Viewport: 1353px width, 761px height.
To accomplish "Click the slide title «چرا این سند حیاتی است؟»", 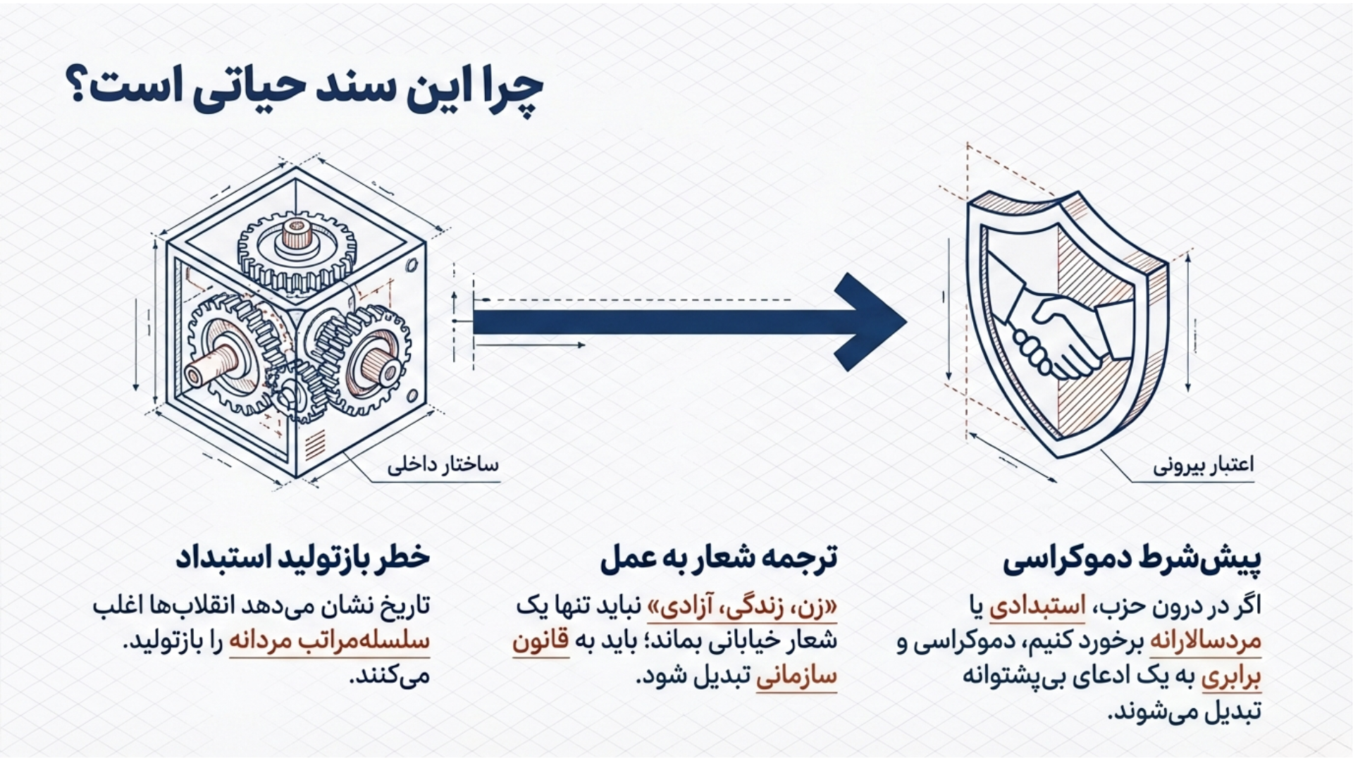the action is (304, 90).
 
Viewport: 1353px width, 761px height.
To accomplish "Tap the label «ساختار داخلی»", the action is (443, 465).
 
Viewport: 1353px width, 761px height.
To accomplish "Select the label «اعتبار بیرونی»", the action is (1204, 465).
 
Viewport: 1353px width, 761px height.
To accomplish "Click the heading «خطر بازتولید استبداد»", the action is (303, 557).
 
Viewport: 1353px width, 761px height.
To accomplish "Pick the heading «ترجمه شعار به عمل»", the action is (719, 557).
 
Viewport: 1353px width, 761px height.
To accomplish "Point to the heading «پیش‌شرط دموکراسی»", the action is (1132, 559).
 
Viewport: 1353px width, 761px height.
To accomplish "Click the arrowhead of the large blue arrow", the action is (870, 322).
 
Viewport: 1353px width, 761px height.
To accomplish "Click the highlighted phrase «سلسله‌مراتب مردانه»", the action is (330, 641).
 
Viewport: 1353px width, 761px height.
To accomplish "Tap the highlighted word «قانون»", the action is (540, 641).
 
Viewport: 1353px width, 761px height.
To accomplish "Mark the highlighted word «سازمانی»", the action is (796, 676).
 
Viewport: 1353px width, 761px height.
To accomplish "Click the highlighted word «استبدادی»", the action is (1037, 606).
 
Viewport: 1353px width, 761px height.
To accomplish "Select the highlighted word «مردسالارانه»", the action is (1206, 641).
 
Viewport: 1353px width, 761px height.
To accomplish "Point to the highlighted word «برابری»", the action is (1231, 676).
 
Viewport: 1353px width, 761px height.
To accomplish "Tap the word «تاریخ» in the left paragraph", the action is (408, 606).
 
